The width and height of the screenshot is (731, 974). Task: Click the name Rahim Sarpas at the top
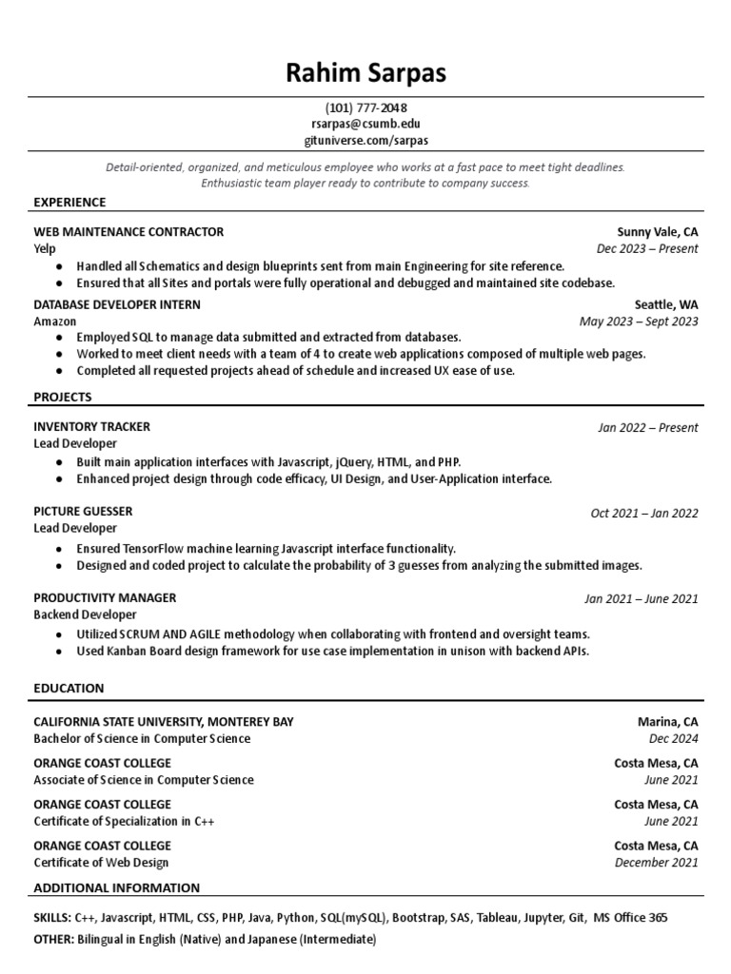point(365,72)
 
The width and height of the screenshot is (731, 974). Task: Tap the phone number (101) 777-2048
point(365,107)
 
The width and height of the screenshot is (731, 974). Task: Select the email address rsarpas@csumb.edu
point(365,124)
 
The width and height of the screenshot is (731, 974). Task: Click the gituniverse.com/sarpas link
point(365,140)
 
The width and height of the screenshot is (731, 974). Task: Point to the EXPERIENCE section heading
point(69,203)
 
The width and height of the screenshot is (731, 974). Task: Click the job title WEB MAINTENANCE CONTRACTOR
point(128,231)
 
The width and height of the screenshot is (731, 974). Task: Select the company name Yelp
point(46,248)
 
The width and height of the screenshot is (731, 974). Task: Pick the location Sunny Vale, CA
point(657,231)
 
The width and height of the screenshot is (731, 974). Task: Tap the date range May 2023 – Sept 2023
point(638,321)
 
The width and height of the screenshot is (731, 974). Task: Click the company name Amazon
point(55,321)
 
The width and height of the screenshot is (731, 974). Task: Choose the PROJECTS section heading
point(63,397)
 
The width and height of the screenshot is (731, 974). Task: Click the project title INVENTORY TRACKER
point(91,427)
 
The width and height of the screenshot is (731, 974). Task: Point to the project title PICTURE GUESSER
point(83,511)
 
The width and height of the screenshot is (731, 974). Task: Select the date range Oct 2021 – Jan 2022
point(643,514)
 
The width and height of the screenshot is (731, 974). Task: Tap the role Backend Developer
point(86,615)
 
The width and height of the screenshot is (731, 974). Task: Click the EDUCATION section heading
point(69,688)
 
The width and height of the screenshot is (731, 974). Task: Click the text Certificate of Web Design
point(101,863)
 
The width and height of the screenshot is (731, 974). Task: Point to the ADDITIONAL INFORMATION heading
point(116,887)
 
